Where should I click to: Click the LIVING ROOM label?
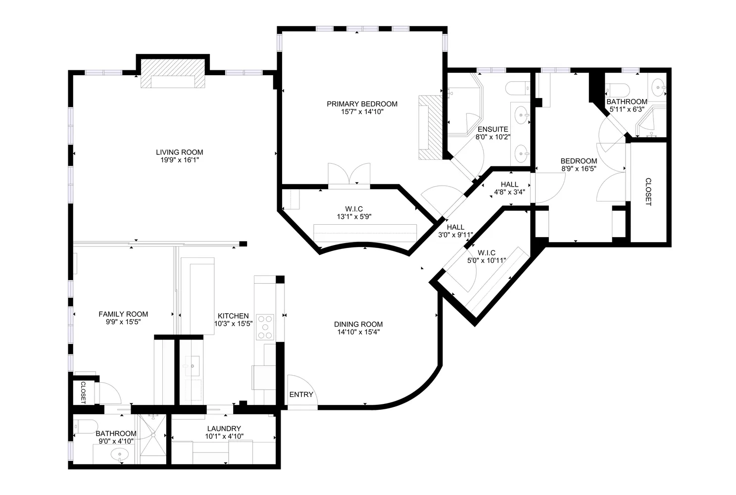[179, 152]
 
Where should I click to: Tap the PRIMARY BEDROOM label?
[362, 104]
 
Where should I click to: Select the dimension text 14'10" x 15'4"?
[358, 332]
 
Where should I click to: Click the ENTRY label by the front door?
[301, 395]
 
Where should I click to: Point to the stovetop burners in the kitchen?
[266, 327]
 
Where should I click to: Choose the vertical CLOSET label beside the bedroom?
[648, 192]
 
